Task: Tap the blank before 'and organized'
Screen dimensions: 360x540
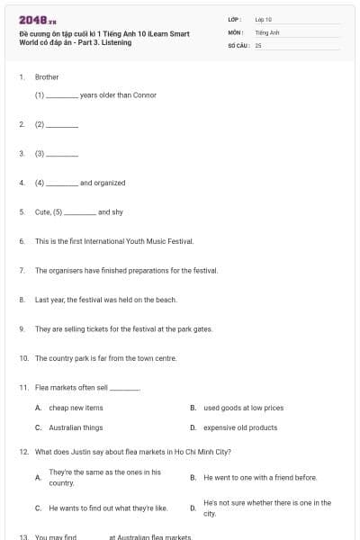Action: click(62, 184)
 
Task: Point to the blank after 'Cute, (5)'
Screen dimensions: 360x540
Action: click(80, 212)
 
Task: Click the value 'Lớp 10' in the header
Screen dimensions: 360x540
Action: click(264, 18)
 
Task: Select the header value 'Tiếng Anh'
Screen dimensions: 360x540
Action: click(268, 31)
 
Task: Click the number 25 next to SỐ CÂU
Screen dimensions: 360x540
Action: click(258, 43)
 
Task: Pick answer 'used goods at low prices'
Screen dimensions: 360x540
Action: click(243, 408)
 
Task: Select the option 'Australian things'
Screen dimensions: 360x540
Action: click(76, 427)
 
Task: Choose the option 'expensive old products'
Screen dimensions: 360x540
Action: click(240, 427)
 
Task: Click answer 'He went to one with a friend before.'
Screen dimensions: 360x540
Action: click(260, 477)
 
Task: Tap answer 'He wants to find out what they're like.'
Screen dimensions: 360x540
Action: click(108, 508)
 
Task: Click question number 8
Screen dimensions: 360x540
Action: click(22, 300)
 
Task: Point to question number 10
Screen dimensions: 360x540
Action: click(23, 358)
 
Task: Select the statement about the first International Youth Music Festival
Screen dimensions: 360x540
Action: click(114, 241)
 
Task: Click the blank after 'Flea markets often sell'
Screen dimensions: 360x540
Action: click(125, 388)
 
